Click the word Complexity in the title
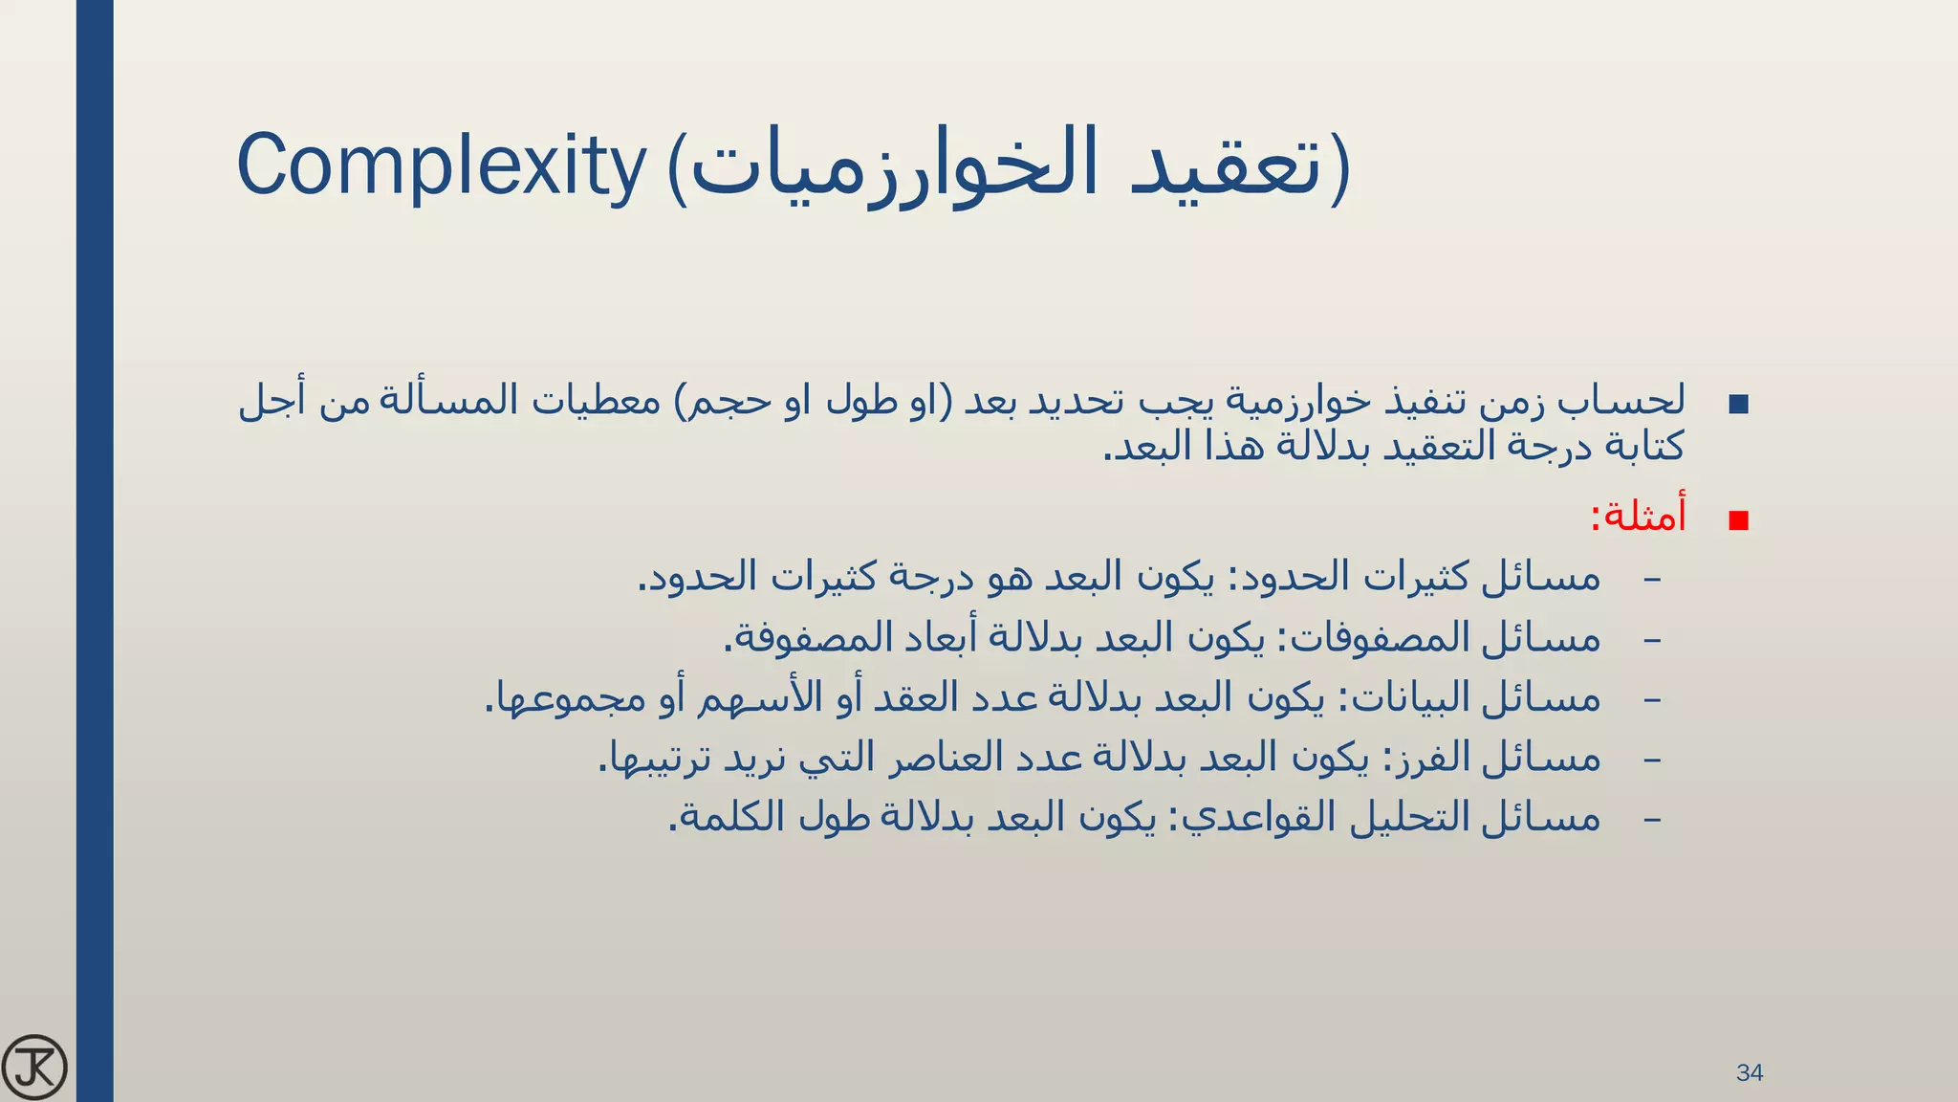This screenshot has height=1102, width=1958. (441, 165)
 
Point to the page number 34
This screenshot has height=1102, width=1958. (1750, 1072)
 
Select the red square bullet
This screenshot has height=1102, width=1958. (1739, 520)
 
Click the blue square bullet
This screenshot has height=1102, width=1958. (1739, 404)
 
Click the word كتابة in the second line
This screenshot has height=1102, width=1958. (1641, 447)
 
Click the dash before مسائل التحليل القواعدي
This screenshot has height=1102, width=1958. (1651, 819)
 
